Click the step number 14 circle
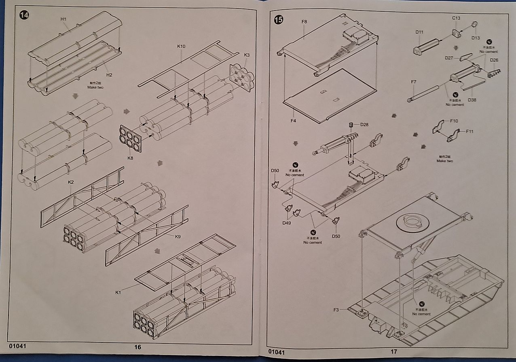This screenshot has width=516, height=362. pyautogui.click(x=24, y=15)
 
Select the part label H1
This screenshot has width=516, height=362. pyautogui.click(x=63, y=19)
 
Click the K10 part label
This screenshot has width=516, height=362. pyautogui.click(x=181, y=46)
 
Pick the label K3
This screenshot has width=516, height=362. pyautogui.click(x=247, y=55)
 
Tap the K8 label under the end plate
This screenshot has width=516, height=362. pyautogui.click(x=130, y=158)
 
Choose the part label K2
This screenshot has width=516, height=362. pyautogui.click(x=71, y=182)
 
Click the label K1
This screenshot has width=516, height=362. pyautogui.click(x=118, y=292)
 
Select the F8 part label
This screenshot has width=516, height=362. pyautogui.click(x=304, y=21)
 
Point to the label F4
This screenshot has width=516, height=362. pyautogui.click(x=293, y=120)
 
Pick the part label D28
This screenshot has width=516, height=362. pyautogui.click(x=364, y=124)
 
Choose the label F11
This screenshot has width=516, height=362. pyautogui.click(x=470, y=131)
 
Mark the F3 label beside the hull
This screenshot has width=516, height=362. pyautogui.click(x=336, y=310)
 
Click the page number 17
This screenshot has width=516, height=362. pyautogui.click(x=394, y=351)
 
